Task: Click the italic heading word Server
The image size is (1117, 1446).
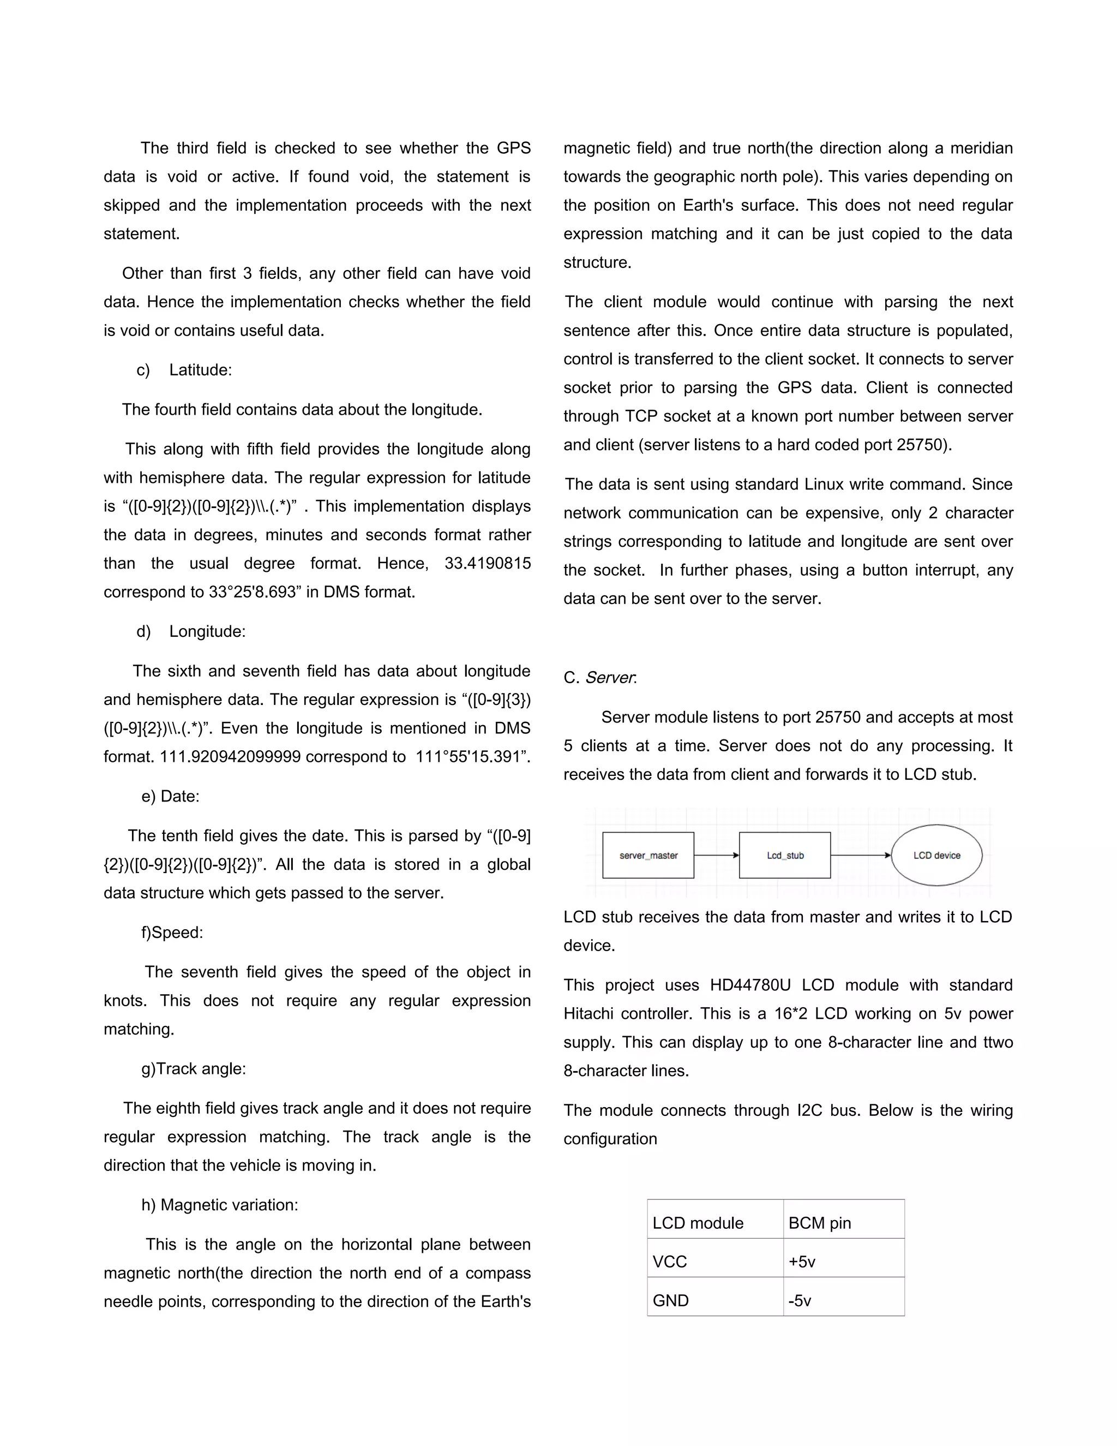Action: click(x=610, y=677)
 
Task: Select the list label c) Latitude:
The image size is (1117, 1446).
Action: click(x=185, y=369)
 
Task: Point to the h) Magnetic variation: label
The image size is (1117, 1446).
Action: click(x=220, y=1204)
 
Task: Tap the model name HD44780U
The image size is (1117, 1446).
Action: click(x=750, y=984)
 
